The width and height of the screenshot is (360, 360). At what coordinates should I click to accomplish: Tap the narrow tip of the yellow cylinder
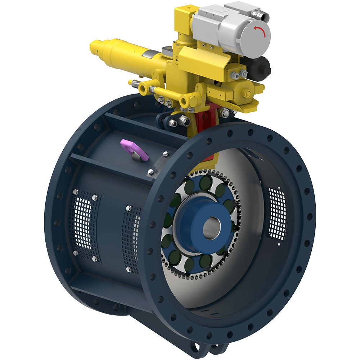[x=94, y=46]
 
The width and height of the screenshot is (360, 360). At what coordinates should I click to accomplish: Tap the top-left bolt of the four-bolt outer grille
[x=76, y=192]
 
